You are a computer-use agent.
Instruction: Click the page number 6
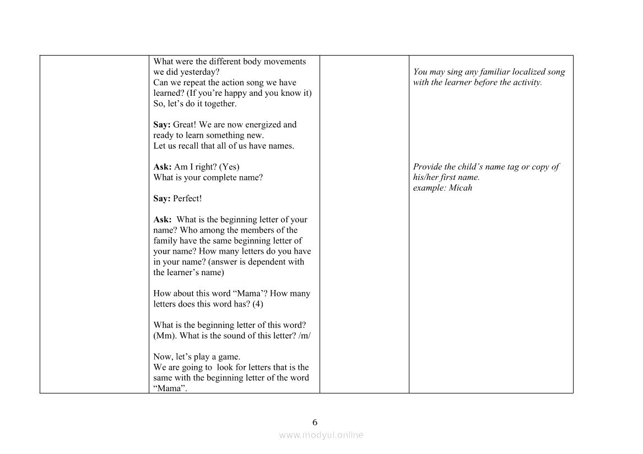315,423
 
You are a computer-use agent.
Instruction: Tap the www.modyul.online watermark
321,435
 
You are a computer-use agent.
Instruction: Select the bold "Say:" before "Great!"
162,125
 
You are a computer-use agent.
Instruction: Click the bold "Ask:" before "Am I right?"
163,167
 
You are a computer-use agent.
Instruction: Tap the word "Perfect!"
187,199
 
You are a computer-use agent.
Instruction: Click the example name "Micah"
461,188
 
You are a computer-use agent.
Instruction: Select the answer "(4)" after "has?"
258,304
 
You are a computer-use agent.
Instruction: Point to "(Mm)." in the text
165,336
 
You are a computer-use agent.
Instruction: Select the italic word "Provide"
428,167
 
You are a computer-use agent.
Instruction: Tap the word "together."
220,104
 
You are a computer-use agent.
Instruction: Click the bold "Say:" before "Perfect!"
162,199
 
